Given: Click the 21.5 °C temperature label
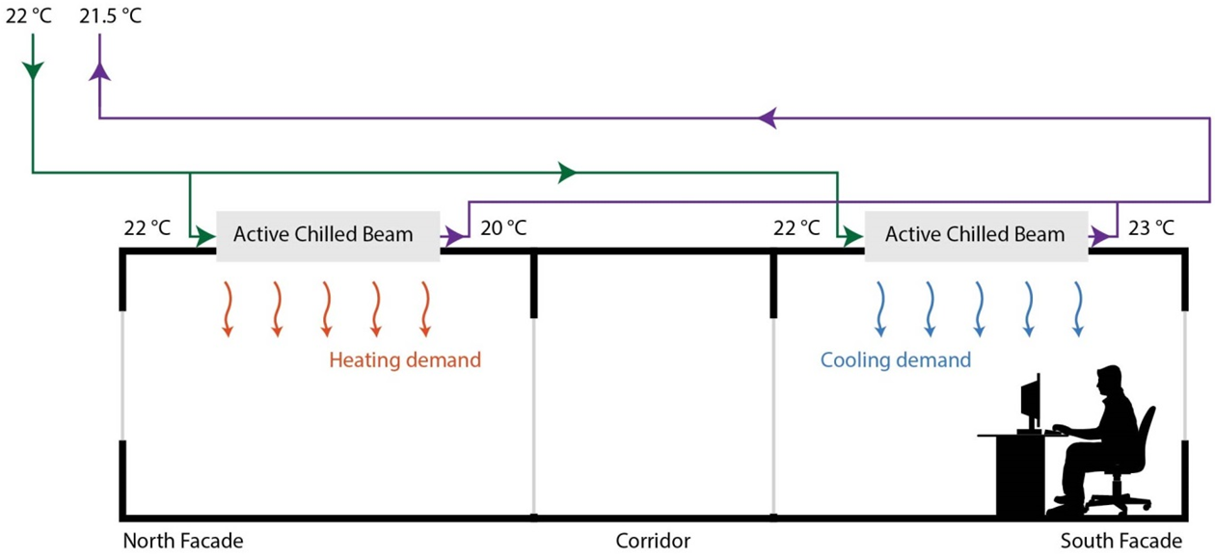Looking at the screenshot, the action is coord(110,15).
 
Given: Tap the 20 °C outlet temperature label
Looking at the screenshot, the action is coord(503,227).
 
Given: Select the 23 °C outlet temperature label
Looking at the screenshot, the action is coord(1151,227).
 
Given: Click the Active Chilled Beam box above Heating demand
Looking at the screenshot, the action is coord(328,236).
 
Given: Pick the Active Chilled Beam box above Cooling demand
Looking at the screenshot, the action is coord(976,236).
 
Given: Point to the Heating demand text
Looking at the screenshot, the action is coord(405,360).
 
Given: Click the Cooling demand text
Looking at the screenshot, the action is coord(896,360).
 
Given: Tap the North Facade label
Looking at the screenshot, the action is coord(183,541).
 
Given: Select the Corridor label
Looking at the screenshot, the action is coord(653,541).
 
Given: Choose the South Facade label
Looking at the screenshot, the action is coord(1121,541).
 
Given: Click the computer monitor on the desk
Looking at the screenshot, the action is coord(1031,404).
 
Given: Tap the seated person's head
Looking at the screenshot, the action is coord(1108,382).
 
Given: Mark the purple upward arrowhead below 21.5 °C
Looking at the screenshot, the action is coord(99,71).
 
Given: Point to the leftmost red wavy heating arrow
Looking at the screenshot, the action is coord(228,309).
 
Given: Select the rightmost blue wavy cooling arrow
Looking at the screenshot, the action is coord(1078,309).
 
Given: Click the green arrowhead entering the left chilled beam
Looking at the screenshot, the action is coord(205,236).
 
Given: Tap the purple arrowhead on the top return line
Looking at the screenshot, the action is coord(768,118).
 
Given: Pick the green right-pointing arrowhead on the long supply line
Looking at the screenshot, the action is coord(567,173).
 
